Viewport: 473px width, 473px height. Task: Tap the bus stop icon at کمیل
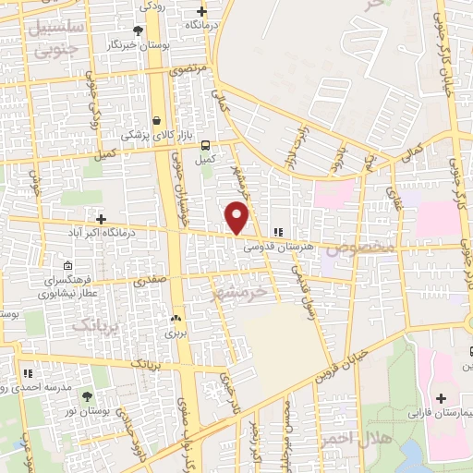coord(205,144)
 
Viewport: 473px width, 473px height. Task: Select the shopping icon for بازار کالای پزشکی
coord(157,120)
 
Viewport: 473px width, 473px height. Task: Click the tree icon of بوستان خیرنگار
coord(138,30)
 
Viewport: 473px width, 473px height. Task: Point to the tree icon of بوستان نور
coord(88,395)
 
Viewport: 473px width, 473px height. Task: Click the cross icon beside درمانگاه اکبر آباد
coord(101,219)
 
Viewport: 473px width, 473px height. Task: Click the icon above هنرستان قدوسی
coord(277,233)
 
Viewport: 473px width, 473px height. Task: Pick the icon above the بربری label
coord(175,316)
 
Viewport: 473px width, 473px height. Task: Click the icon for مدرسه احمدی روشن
coord(29,374)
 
